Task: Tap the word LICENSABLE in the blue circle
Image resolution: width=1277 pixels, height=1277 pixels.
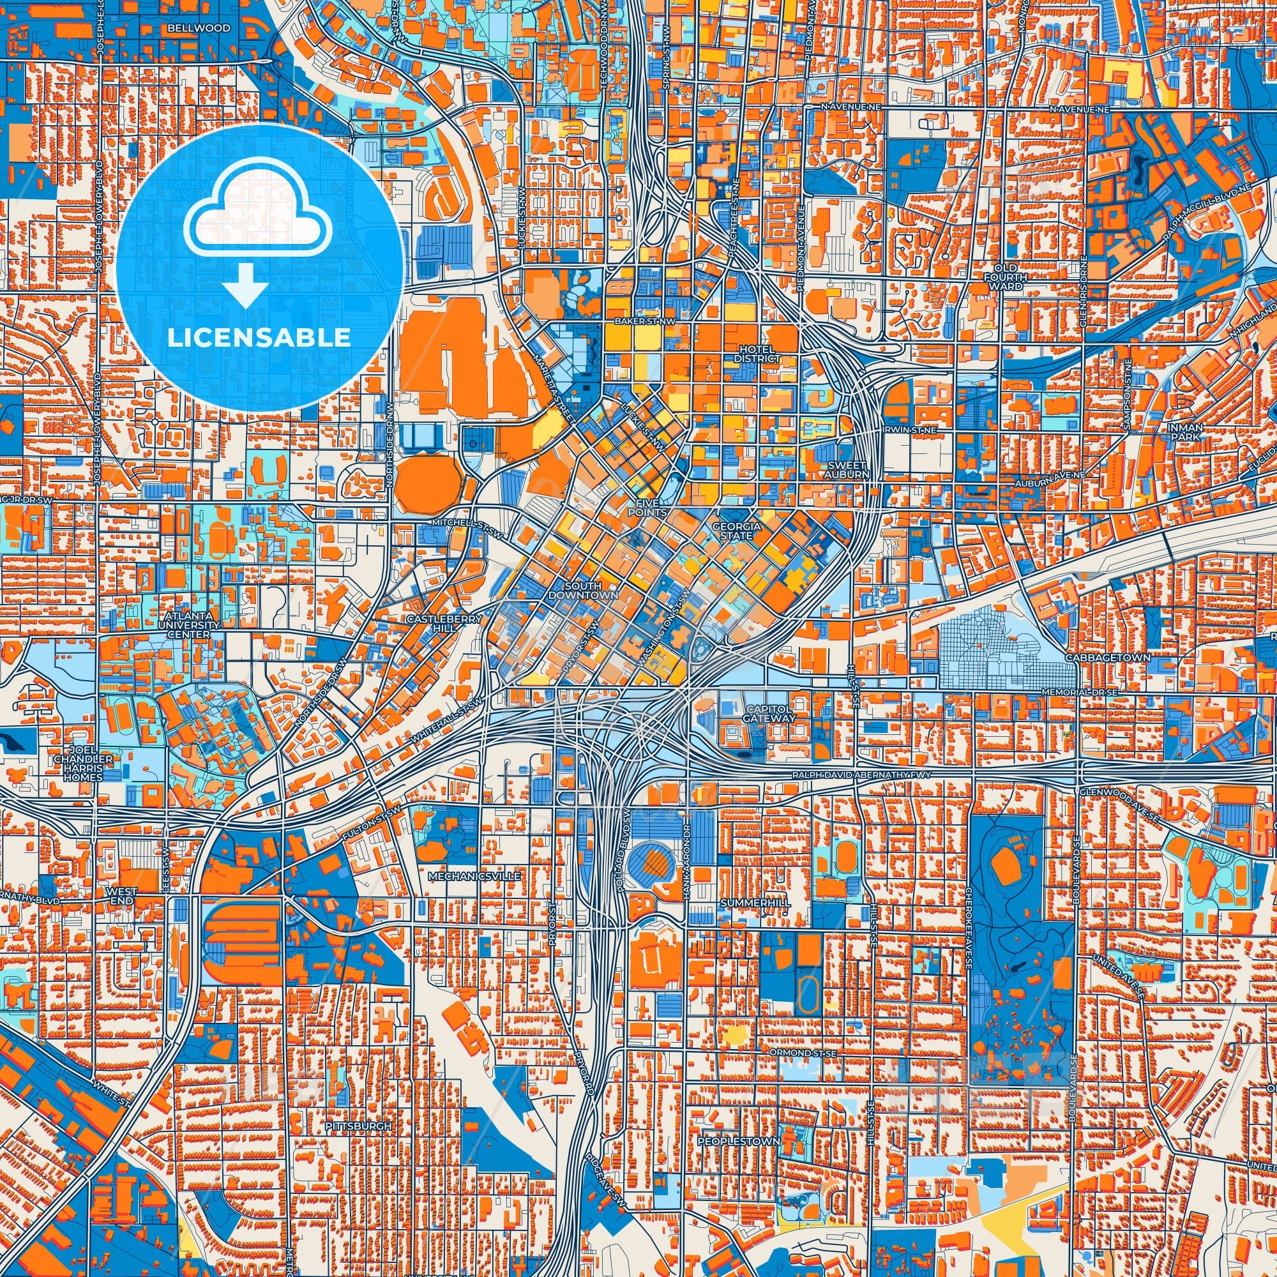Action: (x=259, y=338)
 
